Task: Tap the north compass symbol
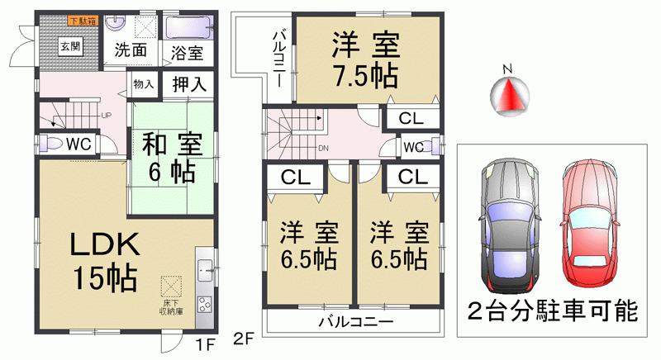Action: [509, 90]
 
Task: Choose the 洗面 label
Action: [131, 50]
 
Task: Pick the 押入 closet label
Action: [189, 84]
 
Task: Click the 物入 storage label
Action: [144, 83]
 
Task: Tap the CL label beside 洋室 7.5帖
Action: [411, 119]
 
